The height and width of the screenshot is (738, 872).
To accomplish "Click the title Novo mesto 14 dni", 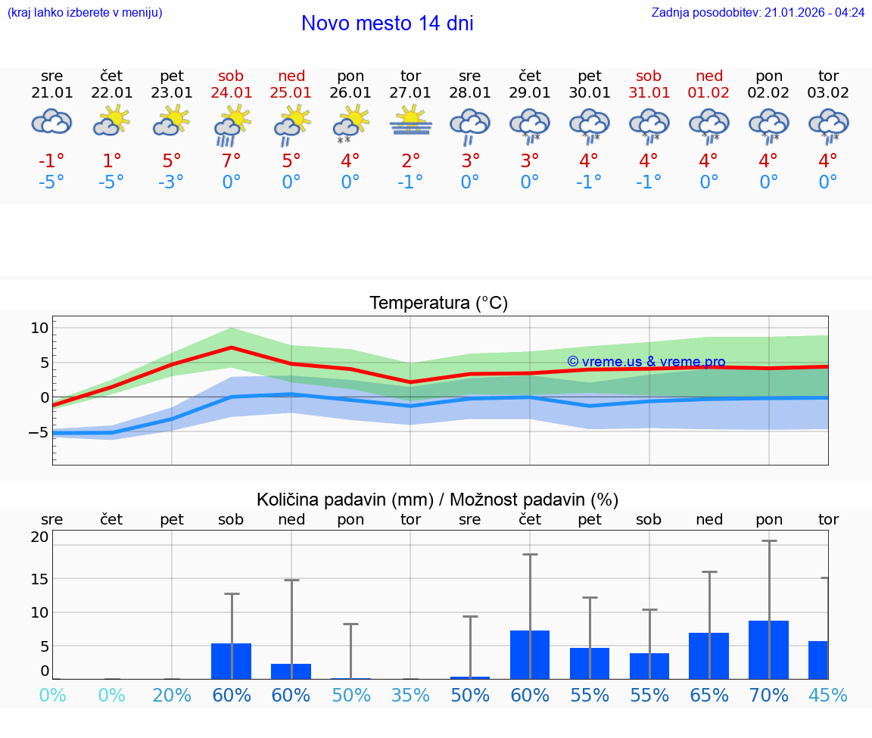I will (387, 23).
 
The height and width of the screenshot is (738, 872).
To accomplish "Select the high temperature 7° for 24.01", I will (231, 161).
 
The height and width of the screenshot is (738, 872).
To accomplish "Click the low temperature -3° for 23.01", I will (171, 182).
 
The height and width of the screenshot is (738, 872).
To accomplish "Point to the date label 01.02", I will (709, 93).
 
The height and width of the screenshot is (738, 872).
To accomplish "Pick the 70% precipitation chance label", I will (769, 695).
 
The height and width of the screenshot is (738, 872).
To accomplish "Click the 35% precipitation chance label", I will (411, 695).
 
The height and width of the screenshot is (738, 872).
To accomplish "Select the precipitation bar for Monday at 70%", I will (769, 649).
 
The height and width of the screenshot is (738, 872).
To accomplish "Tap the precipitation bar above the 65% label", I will (709, 655).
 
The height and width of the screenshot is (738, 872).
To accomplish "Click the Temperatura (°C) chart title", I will (438, 304).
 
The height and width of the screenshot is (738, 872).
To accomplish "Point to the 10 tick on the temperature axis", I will (39, 328).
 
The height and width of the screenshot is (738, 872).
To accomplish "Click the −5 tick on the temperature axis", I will (36, 432).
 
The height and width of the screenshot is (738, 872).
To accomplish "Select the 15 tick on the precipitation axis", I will (39, 578).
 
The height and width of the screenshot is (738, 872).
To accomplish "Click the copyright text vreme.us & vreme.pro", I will (646, 362).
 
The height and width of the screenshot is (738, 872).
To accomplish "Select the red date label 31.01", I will (649, 93).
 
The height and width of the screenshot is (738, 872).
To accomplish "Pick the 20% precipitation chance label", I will (172, 695).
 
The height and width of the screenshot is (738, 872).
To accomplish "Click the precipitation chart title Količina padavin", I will (438, 500).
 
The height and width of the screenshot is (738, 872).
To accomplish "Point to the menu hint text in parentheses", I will (85, 12).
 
